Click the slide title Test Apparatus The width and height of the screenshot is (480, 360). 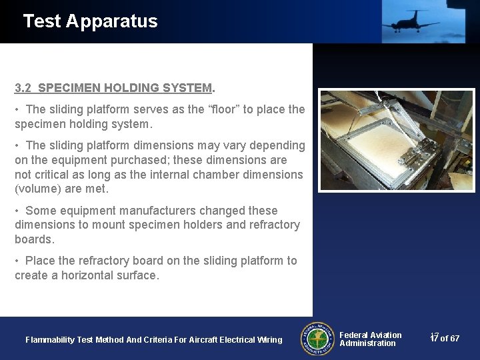[90, 21]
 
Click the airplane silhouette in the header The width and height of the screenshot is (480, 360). [409, 21]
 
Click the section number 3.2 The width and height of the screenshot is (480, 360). [23, 88]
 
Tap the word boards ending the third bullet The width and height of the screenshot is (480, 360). [33, 239]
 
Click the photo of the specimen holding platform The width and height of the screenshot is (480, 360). [396, 140]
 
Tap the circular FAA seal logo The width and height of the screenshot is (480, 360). [317, 339]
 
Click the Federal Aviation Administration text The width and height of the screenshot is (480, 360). [370, 339]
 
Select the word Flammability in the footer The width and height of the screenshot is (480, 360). [50, 340]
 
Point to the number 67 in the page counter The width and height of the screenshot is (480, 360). [454, 339]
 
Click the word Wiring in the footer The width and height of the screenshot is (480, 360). [269, 340]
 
